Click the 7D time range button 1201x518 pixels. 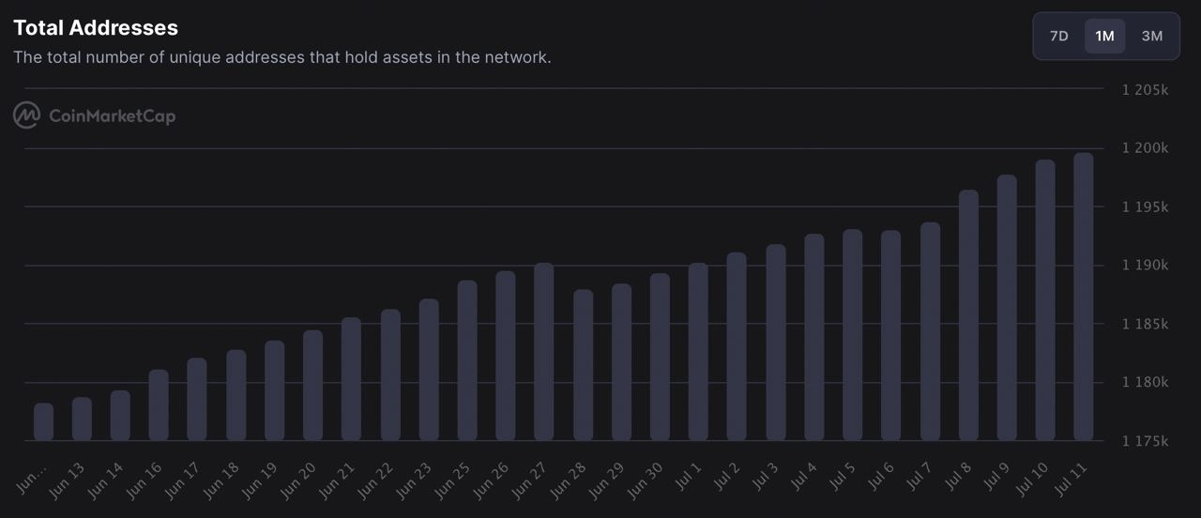click(x=1058, y=37)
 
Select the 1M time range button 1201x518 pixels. click(x=1104, y=37)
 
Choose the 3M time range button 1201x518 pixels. click(x=1152, y=37)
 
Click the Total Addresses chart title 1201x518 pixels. click(x=96, y=28)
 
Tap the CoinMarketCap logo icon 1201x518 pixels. click(x=26, y=115)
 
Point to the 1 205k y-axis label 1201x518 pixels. click(x=1145, y=90)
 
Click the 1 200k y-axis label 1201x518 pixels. click(x=1145, y=148)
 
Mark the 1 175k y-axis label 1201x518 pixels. click(x=1145, y=441)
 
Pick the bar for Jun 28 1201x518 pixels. click(x=583, y=365)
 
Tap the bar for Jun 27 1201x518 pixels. click(x=544, y=352)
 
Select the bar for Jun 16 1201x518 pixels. click(x=159, y=405)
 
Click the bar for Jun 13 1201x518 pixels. click(x=82, y=419)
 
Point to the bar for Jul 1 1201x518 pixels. click(x=698, y=352)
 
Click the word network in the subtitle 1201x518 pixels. click(x=517, y=57)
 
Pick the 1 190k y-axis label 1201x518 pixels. click(x=1145, y=266)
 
